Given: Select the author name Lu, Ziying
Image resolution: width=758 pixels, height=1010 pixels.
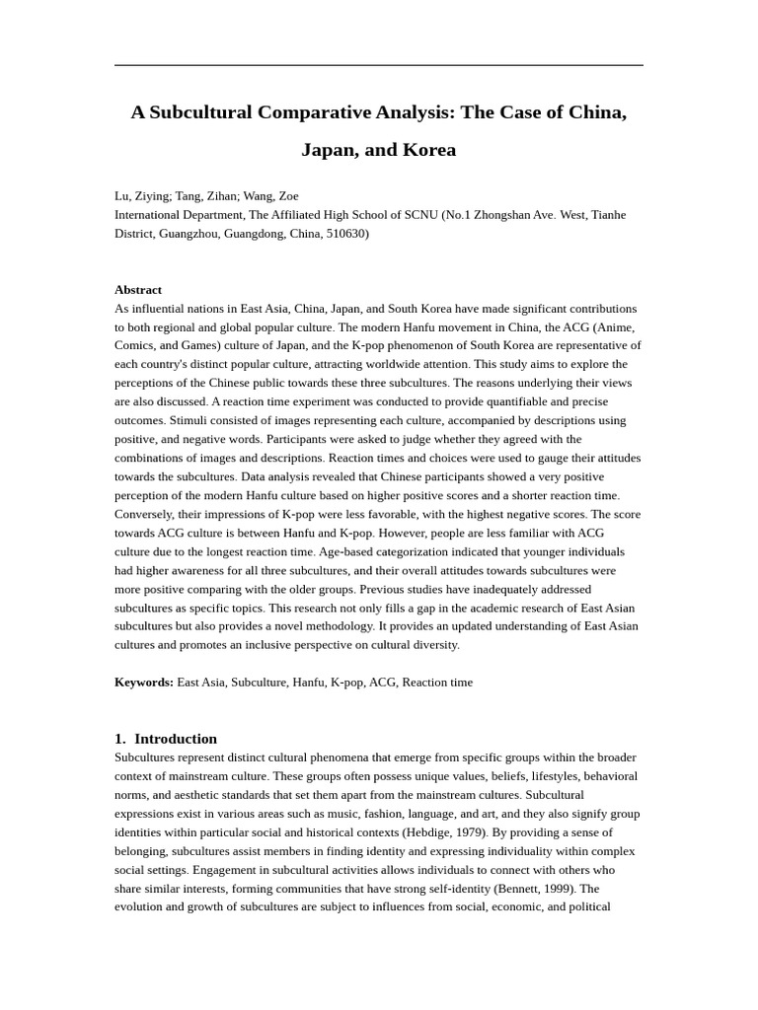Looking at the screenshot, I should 142,196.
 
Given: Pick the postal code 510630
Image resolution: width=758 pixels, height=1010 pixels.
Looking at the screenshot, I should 344,234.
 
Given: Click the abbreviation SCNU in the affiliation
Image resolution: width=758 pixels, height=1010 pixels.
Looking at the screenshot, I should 418,215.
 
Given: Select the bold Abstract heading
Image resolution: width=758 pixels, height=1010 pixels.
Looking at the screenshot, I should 138,290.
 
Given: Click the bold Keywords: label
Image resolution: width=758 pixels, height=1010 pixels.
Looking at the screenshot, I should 144,683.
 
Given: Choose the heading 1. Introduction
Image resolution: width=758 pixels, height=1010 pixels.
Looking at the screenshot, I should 166,739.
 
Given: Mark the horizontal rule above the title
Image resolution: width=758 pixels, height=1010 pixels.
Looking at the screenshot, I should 379,66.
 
